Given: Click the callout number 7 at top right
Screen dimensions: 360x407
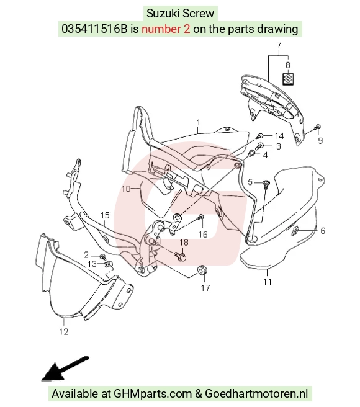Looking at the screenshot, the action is [x=279, y=45].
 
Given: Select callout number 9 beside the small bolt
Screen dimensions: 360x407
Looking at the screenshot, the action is [x=320, y=140].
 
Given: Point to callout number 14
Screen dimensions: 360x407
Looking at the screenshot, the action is [x=279, y=136].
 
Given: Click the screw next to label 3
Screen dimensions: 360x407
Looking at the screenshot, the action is [x=260, y=146].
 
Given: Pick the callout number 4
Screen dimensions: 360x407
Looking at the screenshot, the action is [x=265, y=155].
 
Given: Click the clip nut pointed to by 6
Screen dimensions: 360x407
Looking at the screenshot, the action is [x=295, y=230].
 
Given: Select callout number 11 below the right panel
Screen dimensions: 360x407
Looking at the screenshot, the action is [x=268, y=282].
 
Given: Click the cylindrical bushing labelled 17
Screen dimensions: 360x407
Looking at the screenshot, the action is [x=202, y=270].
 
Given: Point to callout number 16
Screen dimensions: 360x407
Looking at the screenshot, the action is [x=203, y=235].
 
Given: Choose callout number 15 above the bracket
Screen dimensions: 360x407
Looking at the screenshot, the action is [x=105, y=215].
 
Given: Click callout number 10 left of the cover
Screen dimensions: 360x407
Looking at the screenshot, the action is [x=126, y=189].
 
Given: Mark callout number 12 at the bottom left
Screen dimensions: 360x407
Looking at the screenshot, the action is [x=64, y=331].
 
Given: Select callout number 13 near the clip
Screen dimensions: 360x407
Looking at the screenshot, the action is [x=92, y=264].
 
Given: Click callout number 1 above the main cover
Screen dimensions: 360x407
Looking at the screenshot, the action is [x=199, y=122].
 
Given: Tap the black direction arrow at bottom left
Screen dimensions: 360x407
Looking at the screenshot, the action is [x=65, y=369].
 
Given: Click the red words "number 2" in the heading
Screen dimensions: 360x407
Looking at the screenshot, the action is [x=166, y=29].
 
